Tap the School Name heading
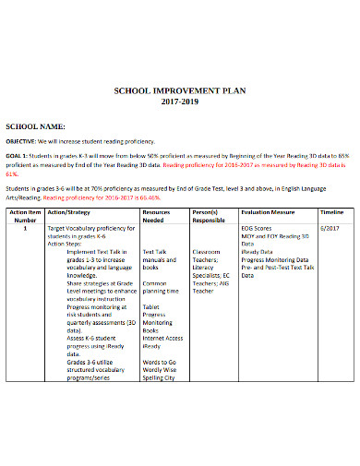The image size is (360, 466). click(36, 125)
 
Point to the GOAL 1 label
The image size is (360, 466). click(19, 157)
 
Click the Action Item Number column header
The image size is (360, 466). click(26, 217)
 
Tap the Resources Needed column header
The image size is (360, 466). click(158, 217)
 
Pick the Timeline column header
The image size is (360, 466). click(329, 212)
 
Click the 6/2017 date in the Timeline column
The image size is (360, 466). click(329, 227)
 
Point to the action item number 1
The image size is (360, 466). click(26, 227)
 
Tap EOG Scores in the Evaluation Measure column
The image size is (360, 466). click(258, 227)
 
